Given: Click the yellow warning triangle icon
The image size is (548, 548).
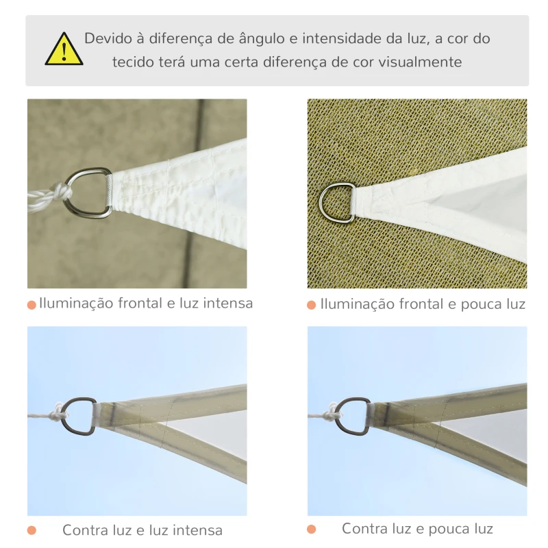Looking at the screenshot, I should [x=64, y=50].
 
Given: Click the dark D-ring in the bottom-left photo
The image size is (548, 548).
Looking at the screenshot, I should [x=79, y=415].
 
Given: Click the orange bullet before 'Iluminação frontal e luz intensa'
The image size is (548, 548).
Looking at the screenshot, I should [x=32, y=305].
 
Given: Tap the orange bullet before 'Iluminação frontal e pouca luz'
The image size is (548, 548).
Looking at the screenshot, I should [x=312, y=305].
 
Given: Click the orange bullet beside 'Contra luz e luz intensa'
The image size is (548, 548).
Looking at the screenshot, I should [x=32, y=530].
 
